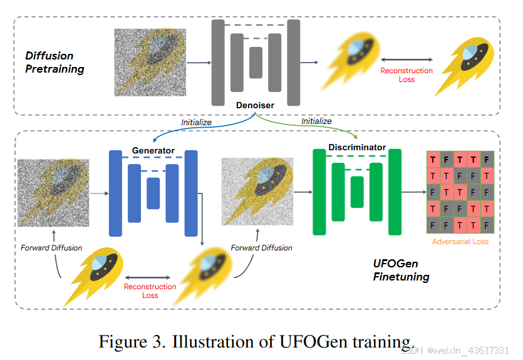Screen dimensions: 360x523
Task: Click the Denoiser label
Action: (255, 106)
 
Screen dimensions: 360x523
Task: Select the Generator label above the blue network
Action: (153, 151)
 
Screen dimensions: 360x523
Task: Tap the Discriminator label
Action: (357, 148)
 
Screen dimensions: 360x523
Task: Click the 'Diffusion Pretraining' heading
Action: (54, 62)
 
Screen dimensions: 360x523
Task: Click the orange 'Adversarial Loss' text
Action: (460, 241)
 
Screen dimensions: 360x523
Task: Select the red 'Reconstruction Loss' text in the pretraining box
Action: (406, 75)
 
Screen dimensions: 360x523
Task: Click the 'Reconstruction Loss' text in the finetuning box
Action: (150, 291)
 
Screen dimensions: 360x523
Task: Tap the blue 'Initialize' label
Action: (196, 122)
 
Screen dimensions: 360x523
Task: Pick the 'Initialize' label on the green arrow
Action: (316, 121)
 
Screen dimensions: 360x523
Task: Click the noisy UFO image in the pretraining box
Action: (151, 63)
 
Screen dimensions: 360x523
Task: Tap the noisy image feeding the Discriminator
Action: (257, 191)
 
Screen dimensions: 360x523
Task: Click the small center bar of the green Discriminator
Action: (357, 192)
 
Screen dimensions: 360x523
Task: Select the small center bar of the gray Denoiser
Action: (256, 63)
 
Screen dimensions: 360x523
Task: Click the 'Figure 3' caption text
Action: (257, 342)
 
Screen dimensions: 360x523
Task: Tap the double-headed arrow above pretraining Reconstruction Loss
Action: (406, 59)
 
